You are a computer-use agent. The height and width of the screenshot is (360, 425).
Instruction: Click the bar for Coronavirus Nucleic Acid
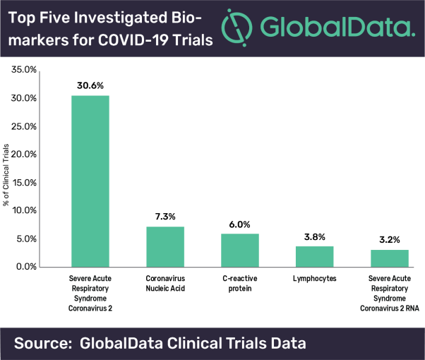[x=164, y=246]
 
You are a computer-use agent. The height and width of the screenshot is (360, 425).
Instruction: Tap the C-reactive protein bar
[x=239, y=250]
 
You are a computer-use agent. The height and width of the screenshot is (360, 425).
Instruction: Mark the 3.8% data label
[x=314, y=234]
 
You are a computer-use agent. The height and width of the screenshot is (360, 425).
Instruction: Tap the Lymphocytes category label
[x=314, y=279]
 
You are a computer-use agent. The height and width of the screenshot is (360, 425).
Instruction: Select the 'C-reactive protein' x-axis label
[x=239, y=283]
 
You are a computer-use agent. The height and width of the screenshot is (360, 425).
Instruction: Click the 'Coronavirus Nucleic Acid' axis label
[x=164, y=283]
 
